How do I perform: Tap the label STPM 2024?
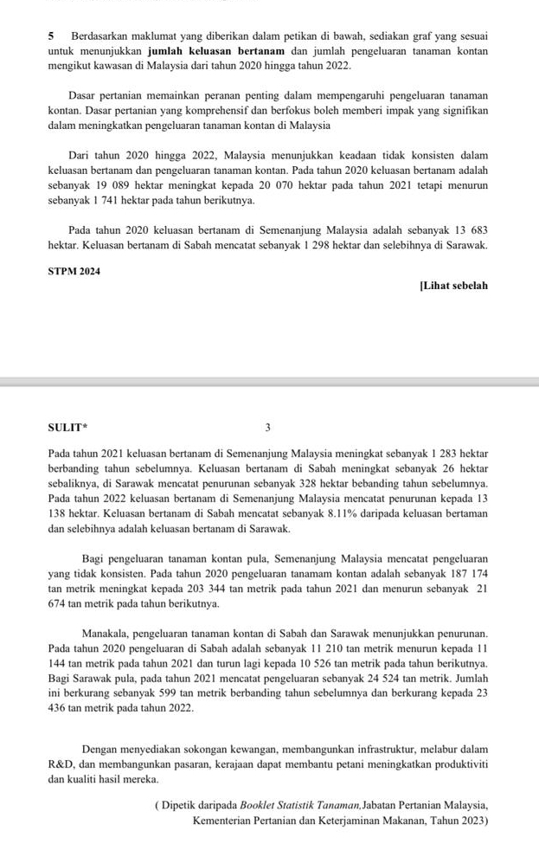(x=74, y=272)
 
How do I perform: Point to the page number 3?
(x=268, y=427)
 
